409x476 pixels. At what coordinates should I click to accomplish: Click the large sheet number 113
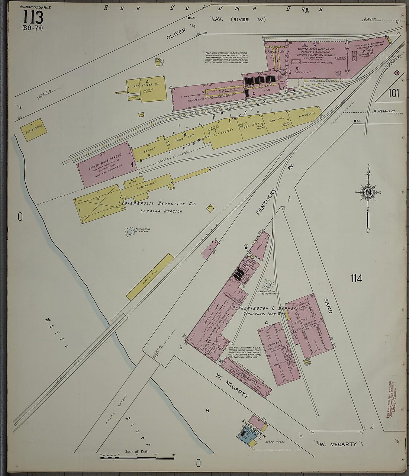[x=33, y=17]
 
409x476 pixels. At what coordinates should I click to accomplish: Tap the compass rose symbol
[x=368, y=192]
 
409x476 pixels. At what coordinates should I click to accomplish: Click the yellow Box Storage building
[x=33, y=130]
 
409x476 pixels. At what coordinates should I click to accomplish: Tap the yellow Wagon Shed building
[x=150, y=277]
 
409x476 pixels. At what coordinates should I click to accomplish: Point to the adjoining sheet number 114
[x=356, y=278]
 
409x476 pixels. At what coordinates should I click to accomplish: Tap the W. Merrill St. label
[x=386, y=111]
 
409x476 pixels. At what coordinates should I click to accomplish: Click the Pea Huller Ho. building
[x=148, y=88]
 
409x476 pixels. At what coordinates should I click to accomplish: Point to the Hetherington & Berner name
[x=264, y=308]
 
